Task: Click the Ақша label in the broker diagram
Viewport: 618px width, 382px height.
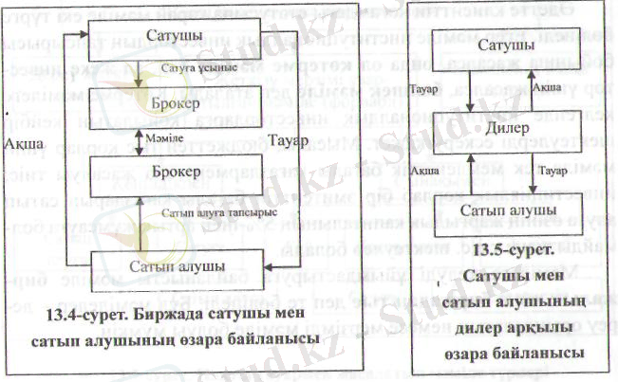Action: point(21,142)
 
